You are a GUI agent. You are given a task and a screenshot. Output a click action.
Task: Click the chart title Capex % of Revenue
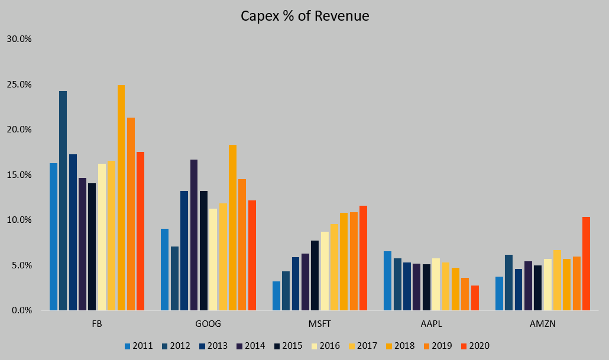coord(304,16)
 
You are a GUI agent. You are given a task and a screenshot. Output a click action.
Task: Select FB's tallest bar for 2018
coord(121,198)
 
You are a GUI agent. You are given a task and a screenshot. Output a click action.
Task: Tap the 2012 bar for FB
coord(63,201)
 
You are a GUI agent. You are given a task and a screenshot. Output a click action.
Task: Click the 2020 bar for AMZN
coord(586,264)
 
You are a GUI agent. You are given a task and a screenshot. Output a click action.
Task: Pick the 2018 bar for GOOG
coord(232,228)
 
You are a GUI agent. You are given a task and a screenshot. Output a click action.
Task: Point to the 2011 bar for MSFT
coord(276,296)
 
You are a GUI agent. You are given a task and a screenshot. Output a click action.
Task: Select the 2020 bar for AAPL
coord(475,298)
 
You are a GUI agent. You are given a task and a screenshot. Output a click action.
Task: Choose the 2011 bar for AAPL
coord(387,281)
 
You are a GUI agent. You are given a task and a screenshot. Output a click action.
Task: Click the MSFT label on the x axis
coord(320,325)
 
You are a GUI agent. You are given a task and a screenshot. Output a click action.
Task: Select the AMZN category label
coord(543,325)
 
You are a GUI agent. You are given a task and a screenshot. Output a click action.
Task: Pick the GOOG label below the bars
coord(208,325)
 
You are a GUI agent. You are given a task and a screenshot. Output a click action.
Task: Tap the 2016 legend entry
coord(326,346)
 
